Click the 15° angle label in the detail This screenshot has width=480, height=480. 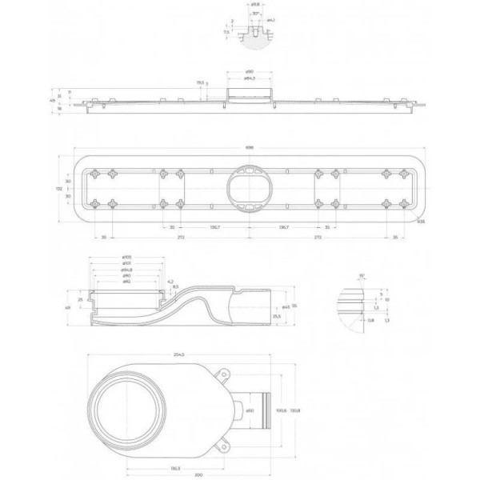click(x=362, y=275)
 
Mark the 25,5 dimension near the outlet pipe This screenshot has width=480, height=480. click(x=275, y=317)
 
